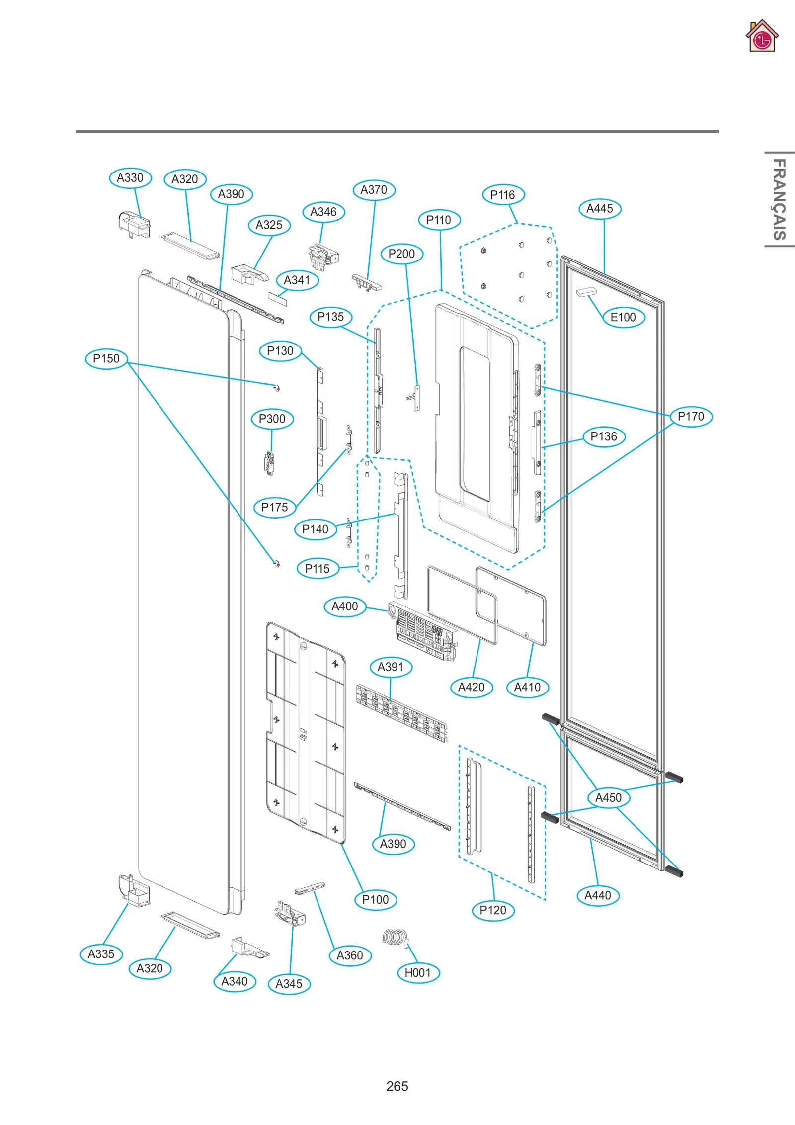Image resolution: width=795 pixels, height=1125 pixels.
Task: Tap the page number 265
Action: (x=397, y=1086)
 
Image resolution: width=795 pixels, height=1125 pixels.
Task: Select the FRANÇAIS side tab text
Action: (x=779, y=199)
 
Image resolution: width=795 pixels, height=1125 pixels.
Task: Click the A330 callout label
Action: (x=130, y=178)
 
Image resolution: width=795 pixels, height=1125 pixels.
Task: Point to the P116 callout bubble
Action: (x=503, y=195)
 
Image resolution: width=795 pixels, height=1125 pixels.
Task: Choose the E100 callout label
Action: (x=623, y=317)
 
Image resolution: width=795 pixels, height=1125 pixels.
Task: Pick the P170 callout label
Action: (x=691, y=416)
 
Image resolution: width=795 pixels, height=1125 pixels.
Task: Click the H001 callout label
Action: (x=418, y=972)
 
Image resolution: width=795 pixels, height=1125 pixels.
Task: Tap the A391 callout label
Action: (x=391, y=667)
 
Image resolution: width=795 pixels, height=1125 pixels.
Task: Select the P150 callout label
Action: (x=106, y=358)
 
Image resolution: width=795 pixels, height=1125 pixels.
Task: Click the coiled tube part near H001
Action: (x=396, y=937)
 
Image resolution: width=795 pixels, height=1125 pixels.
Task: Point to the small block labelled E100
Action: (x=586, y=292)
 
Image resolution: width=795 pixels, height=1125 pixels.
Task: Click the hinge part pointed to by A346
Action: (x=322, y=257)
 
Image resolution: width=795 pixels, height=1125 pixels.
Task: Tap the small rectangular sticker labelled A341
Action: (x=278, y=298)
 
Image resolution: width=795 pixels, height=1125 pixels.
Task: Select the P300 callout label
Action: (x=272, y=419)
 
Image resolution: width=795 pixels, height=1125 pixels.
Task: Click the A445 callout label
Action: (x=600, y=209)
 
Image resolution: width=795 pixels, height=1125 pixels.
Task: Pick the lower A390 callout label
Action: (x=393, y=844)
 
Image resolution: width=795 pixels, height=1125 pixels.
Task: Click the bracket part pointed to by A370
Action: (x=367, y=282)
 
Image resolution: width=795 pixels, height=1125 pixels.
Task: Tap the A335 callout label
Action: (x=101, y=954)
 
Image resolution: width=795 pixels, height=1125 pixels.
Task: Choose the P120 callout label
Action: (x=493, y=910)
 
